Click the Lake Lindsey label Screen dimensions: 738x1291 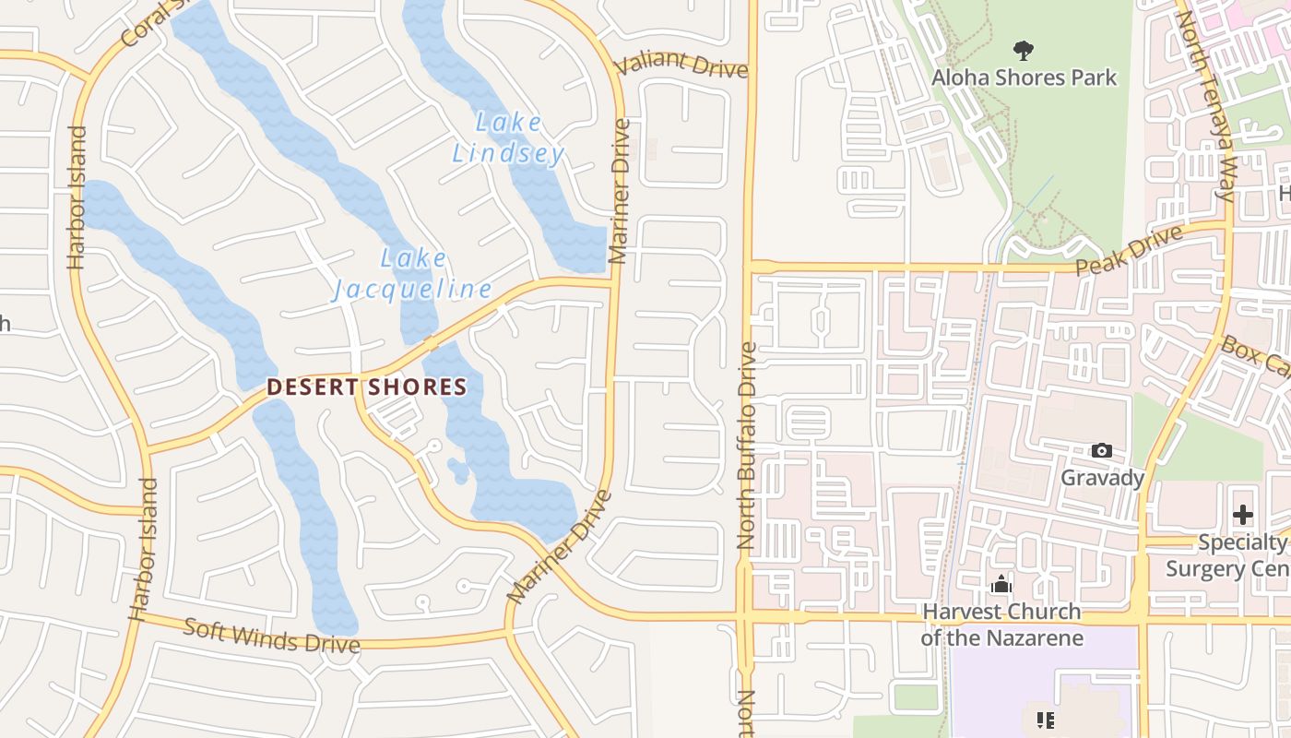tap(508, 137)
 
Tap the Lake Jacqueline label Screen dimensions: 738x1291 tap(413, 274)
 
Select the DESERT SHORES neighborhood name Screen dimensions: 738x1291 tap(367, 387)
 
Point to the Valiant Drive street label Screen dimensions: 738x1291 tap(681, 64)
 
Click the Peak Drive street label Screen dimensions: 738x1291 tap(1129, 251)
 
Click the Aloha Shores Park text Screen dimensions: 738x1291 tap(1024, 77)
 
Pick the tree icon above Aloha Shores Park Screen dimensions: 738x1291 tap(1023, 50)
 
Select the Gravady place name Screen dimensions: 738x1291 tap(1102, 478)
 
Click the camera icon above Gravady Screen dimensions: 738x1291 tap(1101, 451)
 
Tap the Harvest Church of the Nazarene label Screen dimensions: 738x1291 tap(1001, 625)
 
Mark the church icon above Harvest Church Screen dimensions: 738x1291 tap(1001, 585)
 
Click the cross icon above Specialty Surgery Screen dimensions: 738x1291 tap(1243, 515)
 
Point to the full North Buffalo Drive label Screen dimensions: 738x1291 tap(747, 446)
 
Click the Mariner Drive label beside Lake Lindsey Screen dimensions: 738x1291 tap(620, 190)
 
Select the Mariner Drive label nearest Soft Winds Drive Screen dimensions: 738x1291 tap(559, 549)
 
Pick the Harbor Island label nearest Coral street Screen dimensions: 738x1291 tap(77, 197)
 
